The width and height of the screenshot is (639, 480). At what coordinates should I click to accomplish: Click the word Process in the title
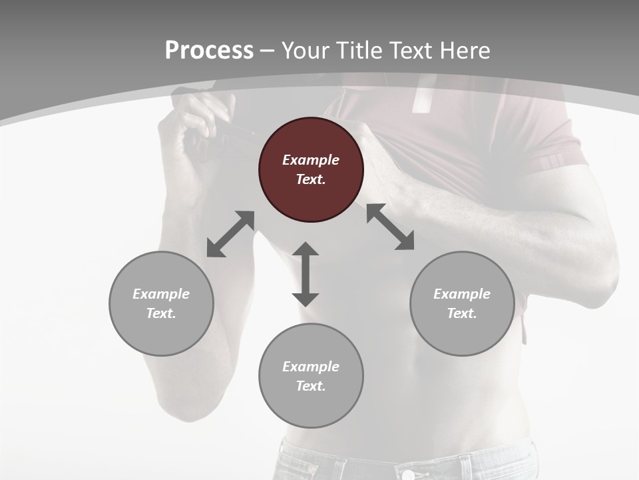tap(209, 51)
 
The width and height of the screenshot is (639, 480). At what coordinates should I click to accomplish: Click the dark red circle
tap(311, 170)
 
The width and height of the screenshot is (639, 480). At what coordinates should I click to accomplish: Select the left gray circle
tap(161, 303)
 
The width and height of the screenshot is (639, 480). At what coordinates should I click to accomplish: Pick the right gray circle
tap(462, 303)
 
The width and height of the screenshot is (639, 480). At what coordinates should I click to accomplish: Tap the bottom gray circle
tap(311, 375)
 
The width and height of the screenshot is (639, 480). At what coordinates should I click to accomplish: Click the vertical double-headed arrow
tap(306, 274)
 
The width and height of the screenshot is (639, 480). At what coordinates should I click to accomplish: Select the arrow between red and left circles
tap(230, 234)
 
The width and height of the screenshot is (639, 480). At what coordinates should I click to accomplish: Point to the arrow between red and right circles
tap(390, 227)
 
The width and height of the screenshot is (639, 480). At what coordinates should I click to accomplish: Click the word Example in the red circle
tap(311, 160)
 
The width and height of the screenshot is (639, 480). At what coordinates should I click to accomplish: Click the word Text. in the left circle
tap(161, 313)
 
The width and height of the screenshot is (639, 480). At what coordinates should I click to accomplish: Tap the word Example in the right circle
tap(462, 294)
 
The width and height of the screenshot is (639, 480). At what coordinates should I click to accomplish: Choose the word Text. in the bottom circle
tap(311, 386)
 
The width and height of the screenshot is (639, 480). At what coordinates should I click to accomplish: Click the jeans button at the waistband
tap(408, 475)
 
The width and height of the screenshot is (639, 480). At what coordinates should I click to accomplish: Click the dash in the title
tap(267, 51)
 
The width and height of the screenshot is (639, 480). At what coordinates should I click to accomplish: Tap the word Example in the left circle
tap(161, 294)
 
